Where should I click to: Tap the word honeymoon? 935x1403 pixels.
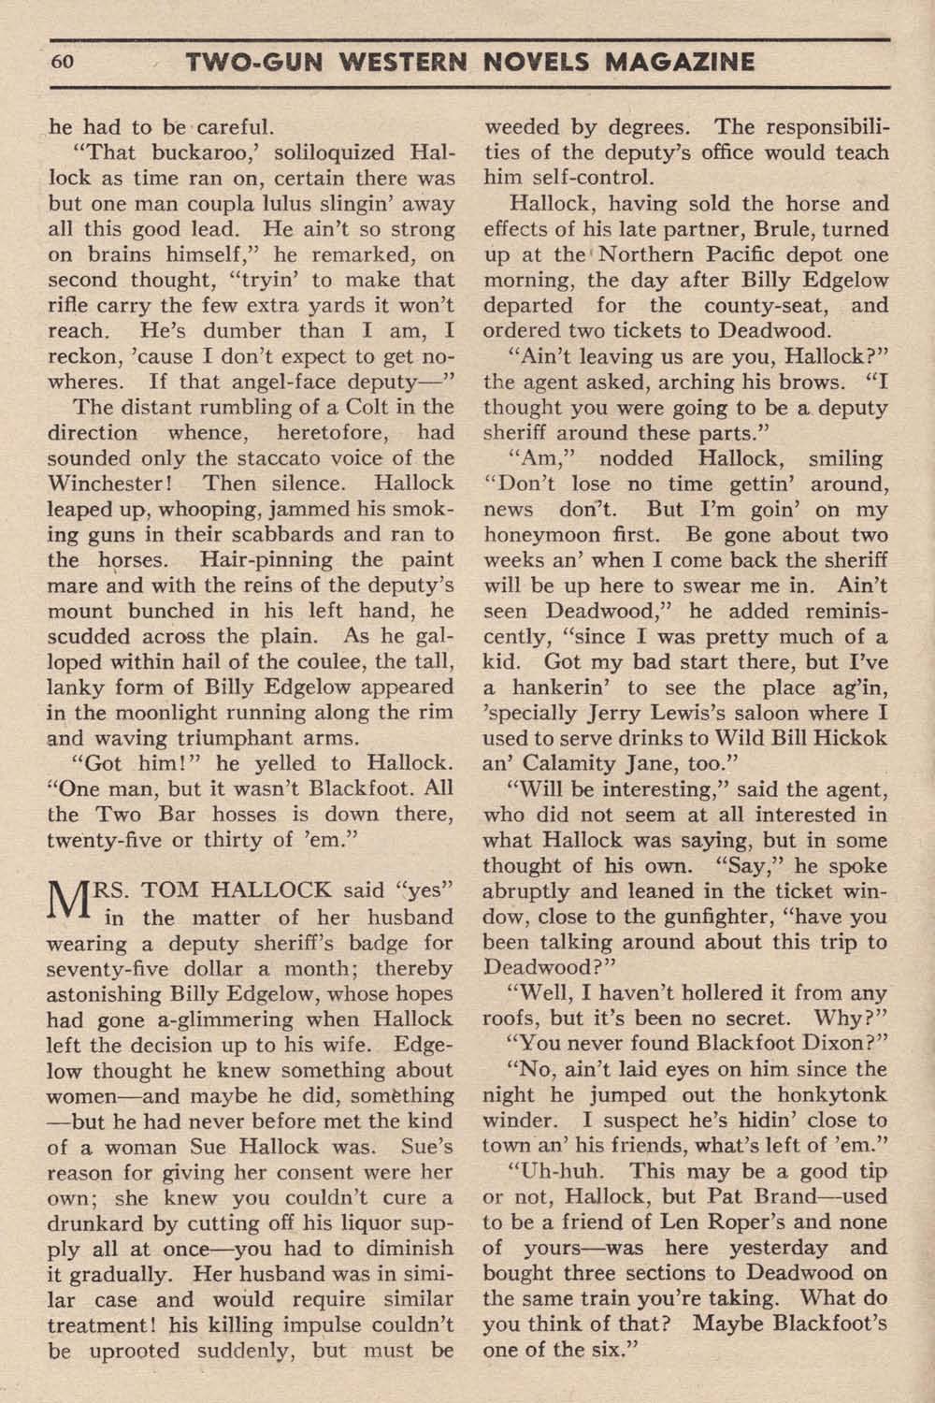545,535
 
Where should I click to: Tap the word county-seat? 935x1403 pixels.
769,305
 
